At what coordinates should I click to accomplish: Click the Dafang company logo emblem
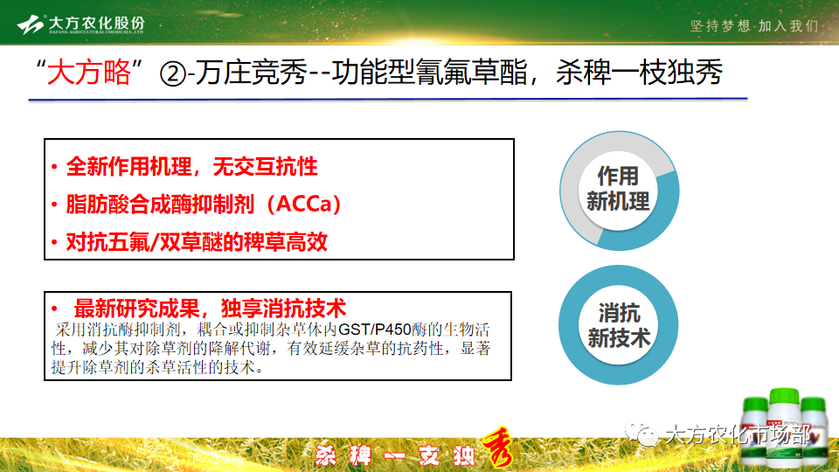point(31,24)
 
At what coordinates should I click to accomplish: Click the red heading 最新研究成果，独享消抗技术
point(210,309)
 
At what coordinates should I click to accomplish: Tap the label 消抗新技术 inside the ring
point(619,325)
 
